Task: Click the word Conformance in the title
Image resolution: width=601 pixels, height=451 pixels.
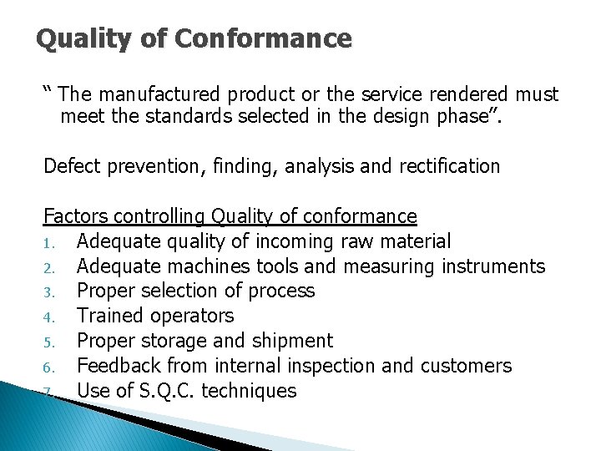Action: pyautogui.click(x=284, y=38)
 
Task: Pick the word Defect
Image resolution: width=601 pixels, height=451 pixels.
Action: pyautogui.click(x=71, y=166)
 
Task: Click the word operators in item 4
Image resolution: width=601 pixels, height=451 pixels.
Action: pyautogui.click(x=191, y=316)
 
